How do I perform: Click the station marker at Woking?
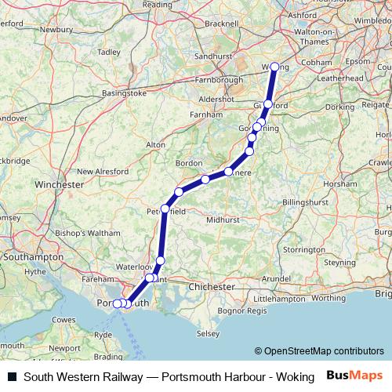(x=274, y=67)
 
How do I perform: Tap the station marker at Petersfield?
(x=165, y=209)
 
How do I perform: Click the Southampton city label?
(x=32, y=256)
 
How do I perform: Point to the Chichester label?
(x=211, y=287)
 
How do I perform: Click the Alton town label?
(x=156, y=145)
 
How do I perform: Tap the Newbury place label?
(x=56, y=30)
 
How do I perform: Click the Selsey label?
(x=208, y=334)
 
